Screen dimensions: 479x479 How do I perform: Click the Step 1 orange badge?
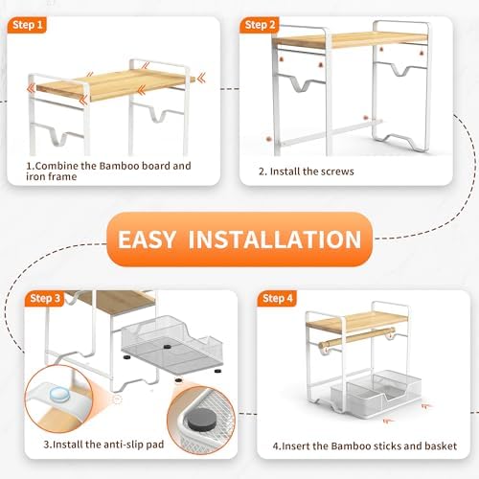27,25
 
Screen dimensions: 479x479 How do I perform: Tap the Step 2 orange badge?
260,25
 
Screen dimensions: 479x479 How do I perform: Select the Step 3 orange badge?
45,299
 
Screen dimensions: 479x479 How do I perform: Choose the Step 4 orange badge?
277,299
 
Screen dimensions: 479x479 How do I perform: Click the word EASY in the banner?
147,239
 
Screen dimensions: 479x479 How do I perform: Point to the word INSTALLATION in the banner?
275,239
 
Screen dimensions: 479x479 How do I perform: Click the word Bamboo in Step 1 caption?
119,166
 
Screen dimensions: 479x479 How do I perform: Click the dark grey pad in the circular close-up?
201,419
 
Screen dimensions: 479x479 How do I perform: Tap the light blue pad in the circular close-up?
59,395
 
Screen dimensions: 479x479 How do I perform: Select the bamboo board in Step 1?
115,83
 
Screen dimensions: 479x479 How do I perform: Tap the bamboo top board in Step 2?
352,40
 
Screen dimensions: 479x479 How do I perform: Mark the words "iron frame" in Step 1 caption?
52,176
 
